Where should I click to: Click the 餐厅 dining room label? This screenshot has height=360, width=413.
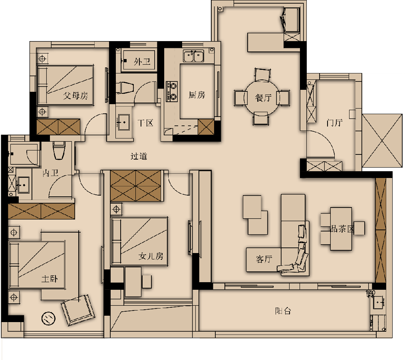(263, 98)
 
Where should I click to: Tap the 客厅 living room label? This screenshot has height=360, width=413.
(264, 259)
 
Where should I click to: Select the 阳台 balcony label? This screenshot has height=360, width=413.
(283, 311)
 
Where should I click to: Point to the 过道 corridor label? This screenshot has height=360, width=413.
(139, 156)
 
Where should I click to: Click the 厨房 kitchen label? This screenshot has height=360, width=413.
(197, 95)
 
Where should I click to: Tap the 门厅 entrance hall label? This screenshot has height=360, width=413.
(334, 123)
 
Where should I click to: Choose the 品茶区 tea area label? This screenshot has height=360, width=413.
(342, 229)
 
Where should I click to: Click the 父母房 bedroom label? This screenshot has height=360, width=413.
(75, 95)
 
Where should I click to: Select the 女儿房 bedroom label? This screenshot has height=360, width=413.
(151, 256)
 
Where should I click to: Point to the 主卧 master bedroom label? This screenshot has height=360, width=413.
(50, 279)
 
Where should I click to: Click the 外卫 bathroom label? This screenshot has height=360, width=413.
(142, 61)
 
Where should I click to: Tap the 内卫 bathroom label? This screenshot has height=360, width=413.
(51, 173)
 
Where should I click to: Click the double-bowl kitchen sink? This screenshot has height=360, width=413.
(194, 56)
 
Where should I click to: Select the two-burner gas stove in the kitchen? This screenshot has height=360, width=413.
(172, 91)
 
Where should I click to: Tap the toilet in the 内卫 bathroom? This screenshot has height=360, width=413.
(59, 150)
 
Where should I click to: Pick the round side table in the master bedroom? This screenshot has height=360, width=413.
(48, 318)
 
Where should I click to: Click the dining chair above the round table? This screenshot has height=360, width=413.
(262, 75)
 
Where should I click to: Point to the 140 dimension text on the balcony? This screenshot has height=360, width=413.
(370, 293)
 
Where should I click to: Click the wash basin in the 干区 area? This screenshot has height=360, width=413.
(123, 122)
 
